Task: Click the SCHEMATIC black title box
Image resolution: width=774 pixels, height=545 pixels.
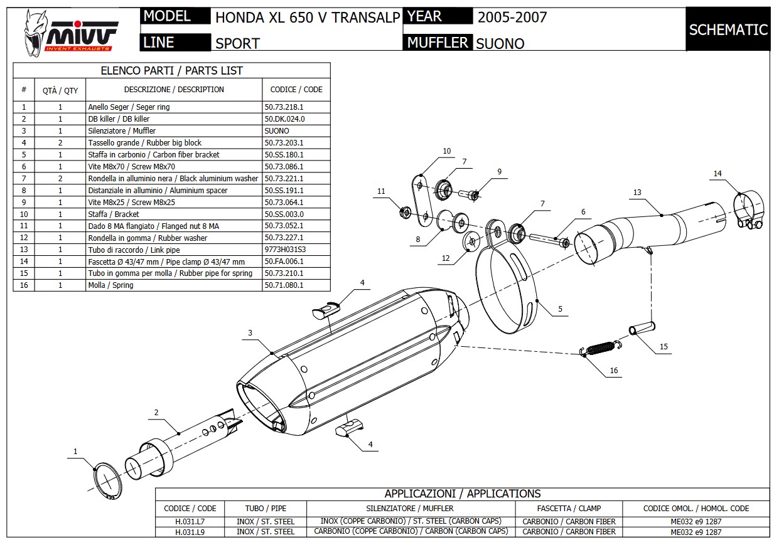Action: click(728, 29)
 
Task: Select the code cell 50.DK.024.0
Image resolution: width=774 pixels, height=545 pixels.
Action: click(284, 119)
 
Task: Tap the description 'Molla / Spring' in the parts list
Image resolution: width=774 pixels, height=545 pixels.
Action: click(110, 285)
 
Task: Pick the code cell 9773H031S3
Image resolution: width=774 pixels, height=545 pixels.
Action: click(284, 250)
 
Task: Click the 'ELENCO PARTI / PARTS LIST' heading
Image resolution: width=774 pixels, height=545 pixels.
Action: click(172, 71)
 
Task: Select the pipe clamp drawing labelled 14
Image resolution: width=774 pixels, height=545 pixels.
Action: click(749, 211)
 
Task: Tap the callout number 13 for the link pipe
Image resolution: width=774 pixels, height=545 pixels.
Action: click(637, 193)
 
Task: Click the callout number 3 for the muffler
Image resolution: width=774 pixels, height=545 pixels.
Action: click(250, 333)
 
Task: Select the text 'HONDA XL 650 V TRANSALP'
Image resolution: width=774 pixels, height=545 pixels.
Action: click(307, 18)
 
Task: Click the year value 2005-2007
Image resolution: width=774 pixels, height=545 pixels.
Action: click(512, 18)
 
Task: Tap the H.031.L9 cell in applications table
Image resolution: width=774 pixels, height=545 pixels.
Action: click(190, 531)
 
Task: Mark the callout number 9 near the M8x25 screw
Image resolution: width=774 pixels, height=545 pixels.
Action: click(500, 172)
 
